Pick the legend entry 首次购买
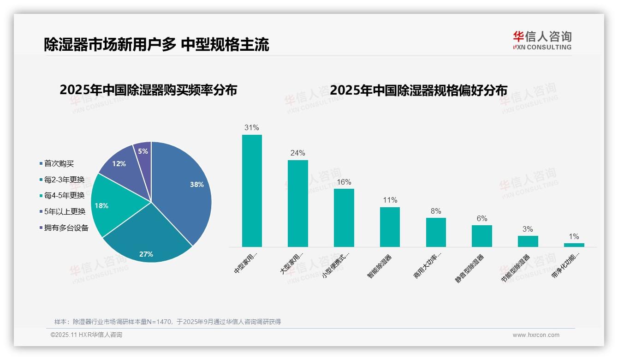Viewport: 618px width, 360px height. pos(59,163)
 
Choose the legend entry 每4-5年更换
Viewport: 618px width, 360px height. pos(64,196)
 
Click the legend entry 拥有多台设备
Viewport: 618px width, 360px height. pos(66,228)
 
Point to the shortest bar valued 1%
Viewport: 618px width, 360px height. pos(574,245)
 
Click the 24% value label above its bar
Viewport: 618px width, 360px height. pos(297,153)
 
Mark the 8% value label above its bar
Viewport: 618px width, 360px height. pos(436,211)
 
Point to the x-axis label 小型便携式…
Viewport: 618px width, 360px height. pos(335,265)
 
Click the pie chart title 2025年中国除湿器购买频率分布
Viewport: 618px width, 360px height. pos(148,90)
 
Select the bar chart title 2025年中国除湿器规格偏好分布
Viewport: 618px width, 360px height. pos(419,90)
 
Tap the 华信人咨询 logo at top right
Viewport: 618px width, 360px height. pos(542,40)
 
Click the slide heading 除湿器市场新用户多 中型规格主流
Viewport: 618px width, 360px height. pos(156,45)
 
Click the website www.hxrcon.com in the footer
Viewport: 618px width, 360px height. pos(536,335)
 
